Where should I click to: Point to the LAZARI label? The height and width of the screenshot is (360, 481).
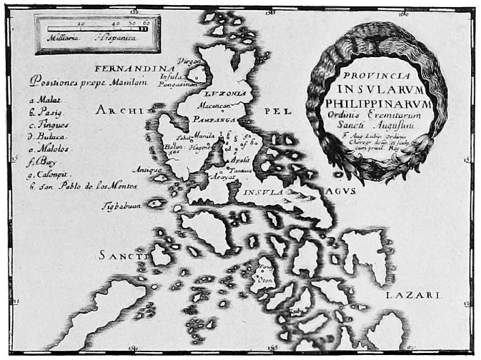(x=426, y=294)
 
